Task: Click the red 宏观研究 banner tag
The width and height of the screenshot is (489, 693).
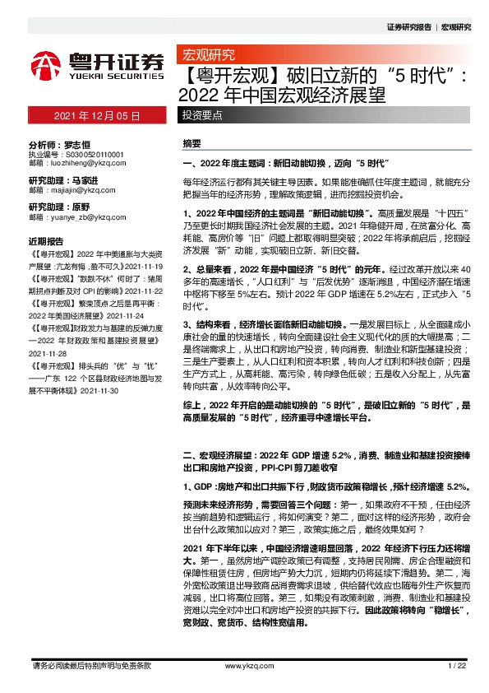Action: point(206,56)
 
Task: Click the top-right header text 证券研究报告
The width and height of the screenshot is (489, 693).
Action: point(412,27)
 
